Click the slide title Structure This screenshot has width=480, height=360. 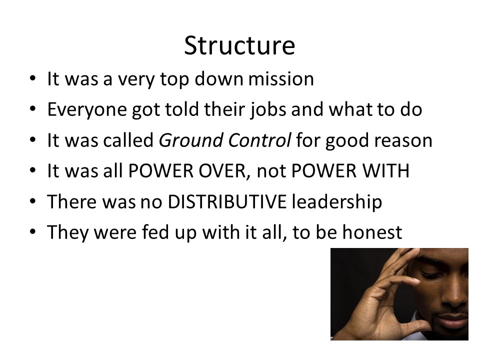(239, 46)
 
